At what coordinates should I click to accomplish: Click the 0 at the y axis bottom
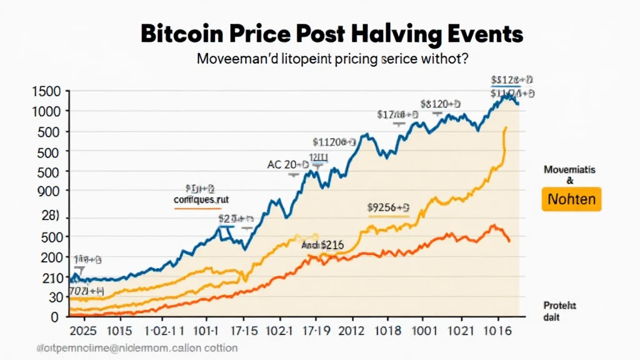pyautogui.click(x=55, y=317)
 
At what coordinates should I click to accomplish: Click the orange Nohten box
pyautogui.click(x=571, y=200)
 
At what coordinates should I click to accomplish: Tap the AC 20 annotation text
pyautogui.click(x=287, y=166)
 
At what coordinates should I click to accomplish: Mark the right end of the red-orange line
pyautogui.click(x=509, y=241)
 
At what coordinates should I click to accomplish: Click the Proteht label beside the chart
pyautogui.click(x=559, y=306)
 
